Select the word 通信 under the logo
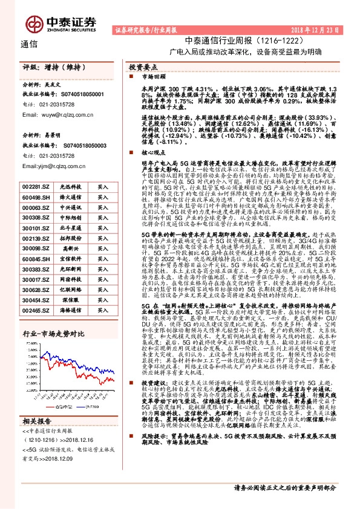point(28,44)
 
